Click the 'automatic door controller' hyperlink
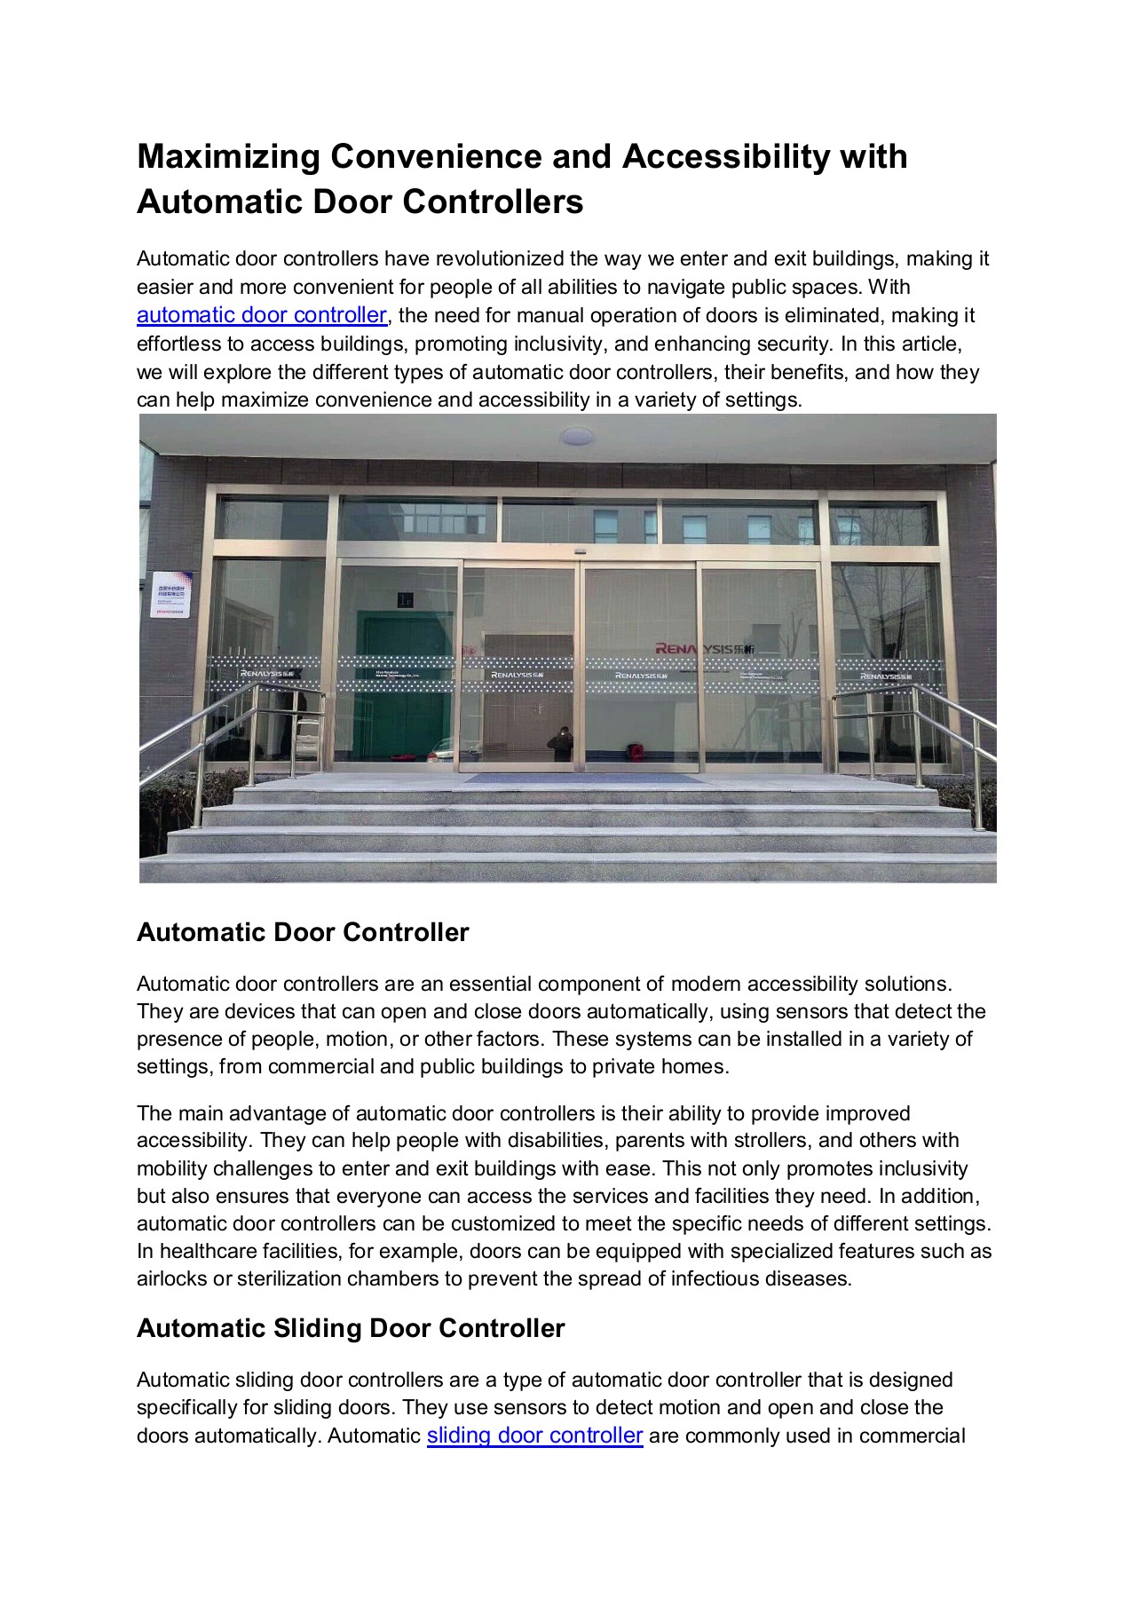[x=262, y=316]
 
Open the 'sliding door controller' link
[x=534, y=1436]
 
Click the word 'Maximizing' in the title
[x=228, y=157]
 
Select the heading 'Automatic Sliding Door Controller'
[x=351, y=1328]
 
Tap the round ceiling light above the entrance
[x=577, y=436]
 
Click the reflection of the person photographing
[x=561, y=744]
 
